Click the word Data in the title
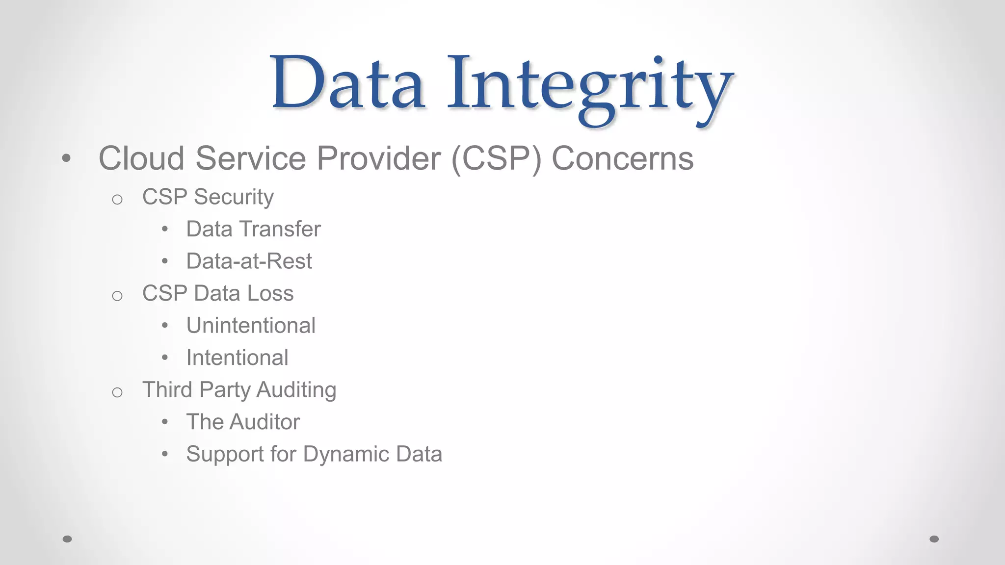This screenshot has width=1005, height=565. [x=347, y=83]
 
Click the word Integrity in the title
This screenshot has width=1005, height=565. [x=589, y=86]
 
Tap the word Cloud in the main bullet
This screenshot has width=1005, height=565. [x=141, y=158]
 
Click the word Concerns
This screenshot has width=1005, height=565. [x=622, y=158]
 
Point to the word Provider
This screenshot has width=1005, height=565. [x=378, y=158]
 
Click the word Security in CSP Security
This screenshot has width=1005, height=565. [x=234, y=197]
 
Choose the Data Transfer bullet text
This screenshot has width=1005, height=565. [x=253, y=229]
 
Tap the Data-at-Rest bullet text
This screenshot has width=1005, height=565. [x=249, y=261]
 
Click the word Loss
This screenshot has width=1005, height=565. [x=270, y=293]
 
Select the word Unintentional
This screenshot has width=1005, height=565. [x=251, y=326]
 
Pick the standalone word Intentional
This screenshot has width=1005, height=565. [x=237, y=358]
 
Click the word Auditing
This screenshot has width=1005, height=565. [x=296, y=390]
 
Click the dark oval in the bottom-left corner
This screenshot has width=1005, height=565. [x=67, y=539]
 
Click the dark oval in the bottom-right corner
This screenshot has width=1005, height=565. [x=934, y=539]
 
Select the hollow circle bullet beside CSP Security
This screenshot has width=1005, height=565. [x=117, y=199]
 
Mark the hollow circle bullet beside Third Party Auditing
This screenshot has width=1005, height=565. [x=117, y=392]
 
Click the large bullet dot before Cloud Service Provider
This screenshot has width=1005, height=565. [x=66, y=158]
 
